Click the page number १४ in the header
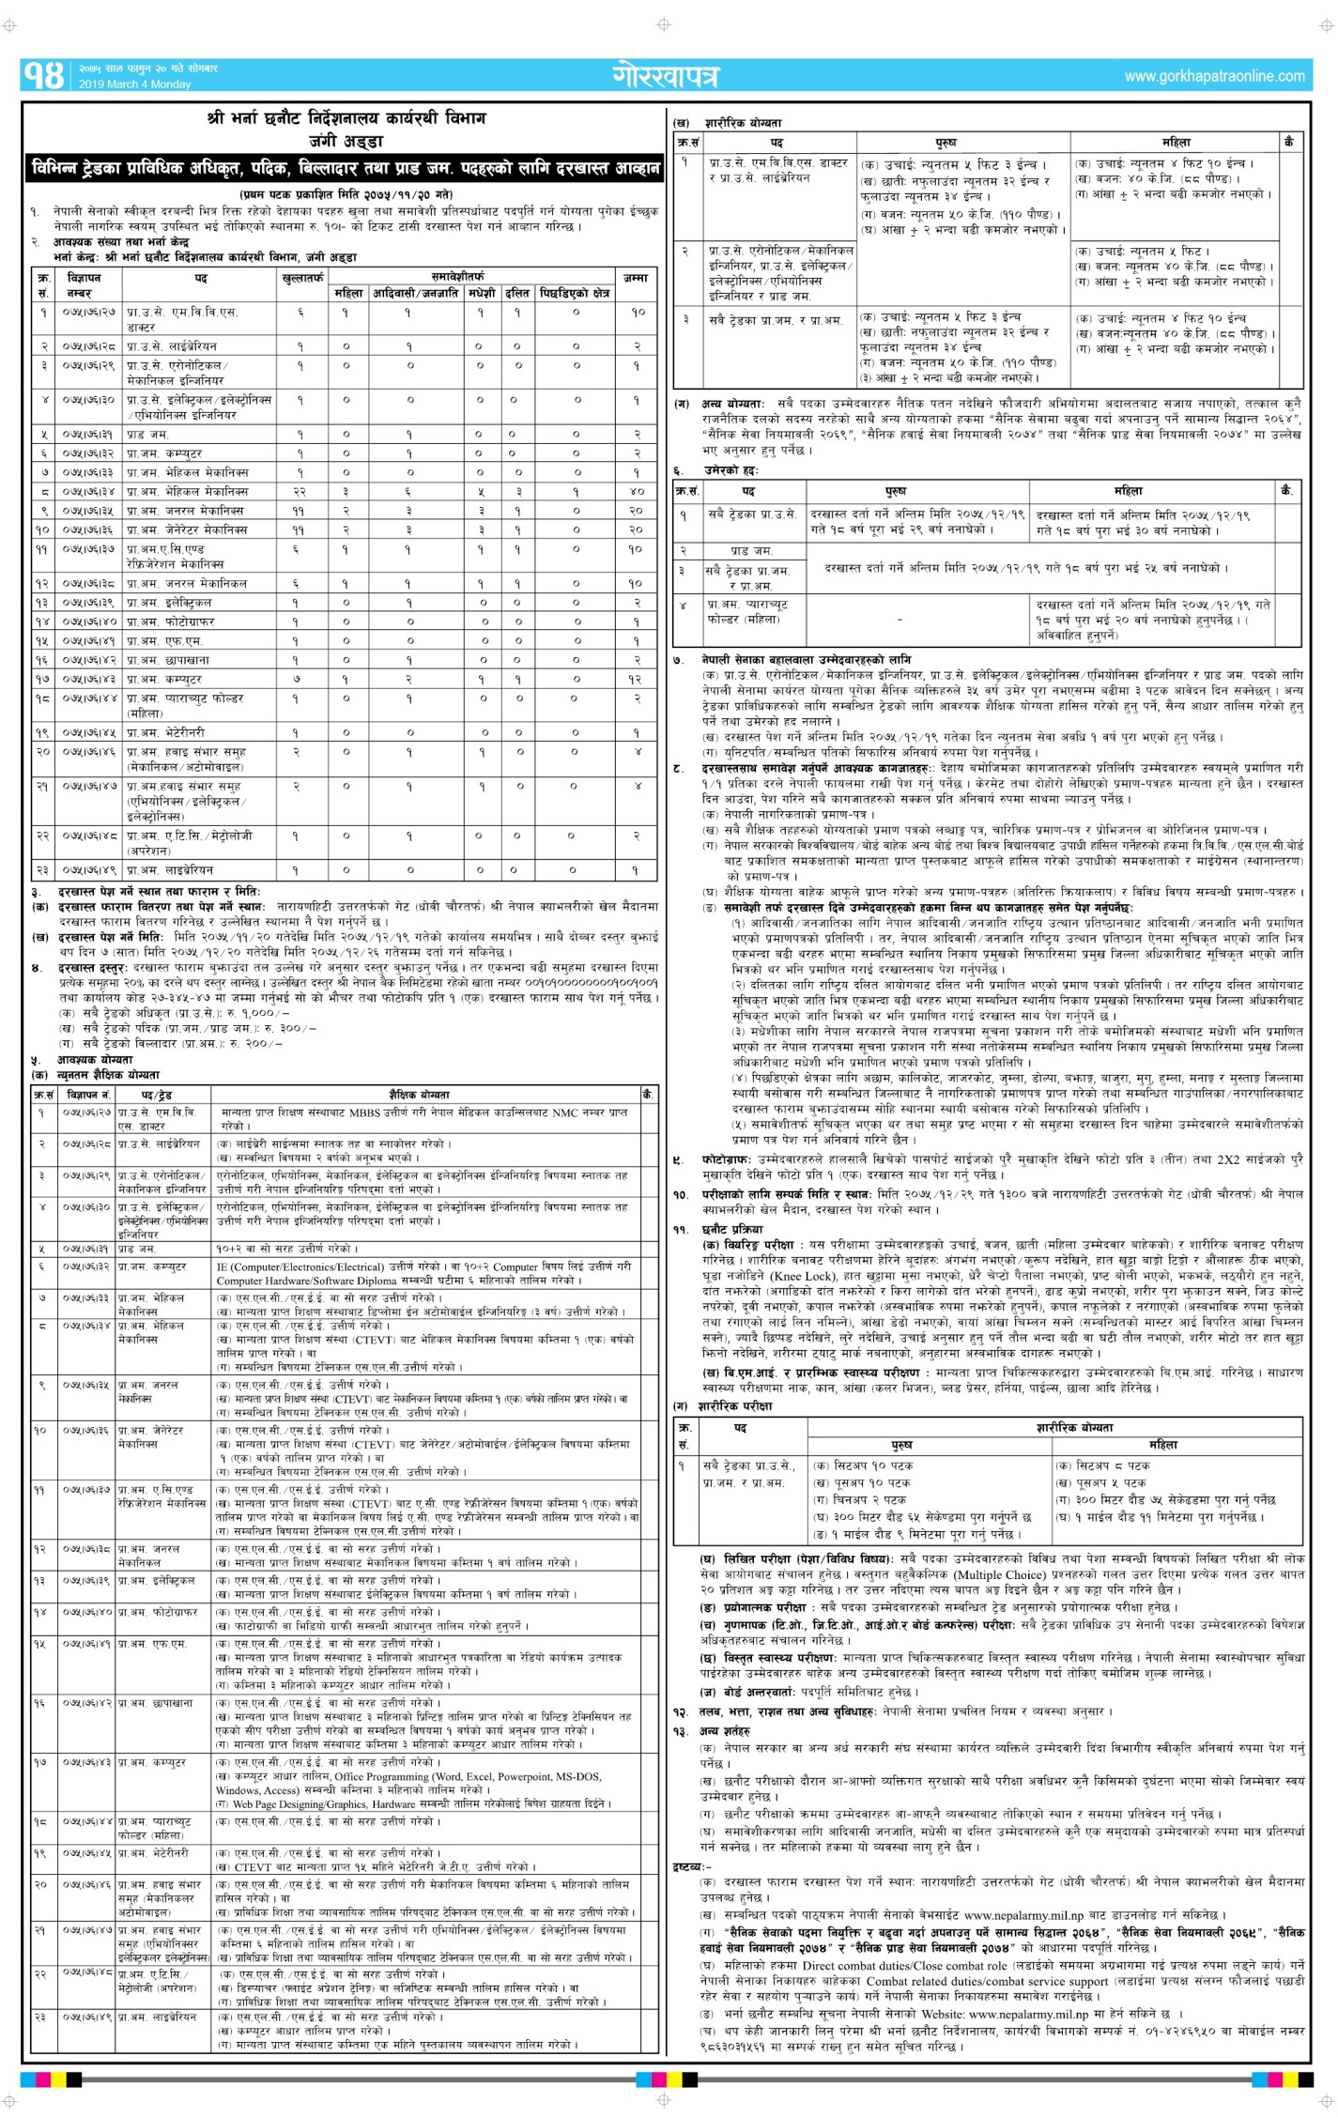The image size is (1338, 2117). [43, 76]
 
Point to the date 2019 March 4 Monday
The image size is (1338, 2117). [134, 84]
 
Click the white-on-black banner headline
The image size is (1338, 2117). [346, 169]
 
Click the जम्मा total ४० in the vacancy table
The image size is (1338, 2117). [636, 491]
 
